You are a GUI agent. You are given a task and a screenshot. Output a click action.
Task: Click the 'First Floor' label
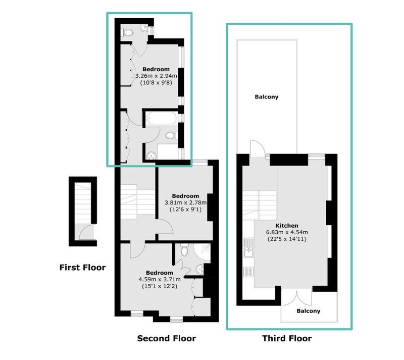[82, 268]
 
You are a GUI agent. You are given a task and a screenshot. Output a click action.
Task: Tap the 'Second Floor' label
[167, 338]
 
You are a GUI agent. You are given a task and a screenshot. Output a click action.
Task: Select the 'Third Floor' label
[287, 338]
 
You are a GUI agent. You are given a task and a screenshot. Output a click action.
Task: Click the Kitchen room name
[287, 226]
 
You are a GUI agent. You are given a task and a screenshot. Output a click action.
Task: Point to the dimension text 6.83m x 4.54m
[287, 232]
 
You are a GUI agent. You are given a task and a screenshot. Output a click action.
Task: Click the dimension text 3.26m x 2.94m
[156, 76]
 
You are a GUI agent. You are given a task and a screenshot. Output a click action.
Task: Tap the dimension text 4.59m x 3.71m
[160, 279]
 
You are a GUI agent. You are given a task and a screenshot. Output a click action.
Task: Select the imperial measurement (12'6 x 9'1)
[185, 210]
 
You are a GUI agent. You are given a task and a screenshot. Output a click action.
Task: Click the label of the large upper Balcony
[267, 97]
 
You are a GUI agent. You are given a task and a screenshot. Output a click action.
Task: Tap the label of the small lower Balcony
[309, 311]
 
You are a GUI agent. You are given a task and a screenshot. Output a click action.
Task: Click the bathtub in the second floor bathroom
[162, 118]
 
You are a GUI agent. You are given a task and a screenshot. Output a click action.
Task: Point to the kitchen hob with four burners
[248, 272]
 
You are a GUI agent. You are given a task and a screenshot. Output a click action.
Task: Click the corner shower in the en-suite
[202, 251]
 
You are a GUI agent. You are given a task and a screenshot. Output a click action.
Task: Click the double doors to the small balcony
[297, 297]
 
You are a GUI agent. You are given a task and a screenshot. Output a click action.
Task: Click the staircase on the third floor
[259, 205]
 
